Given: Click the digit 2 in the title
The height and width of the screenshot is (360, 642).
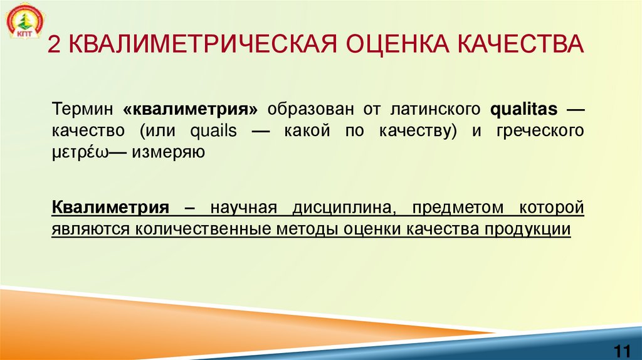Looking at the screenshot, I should tap(54, 47).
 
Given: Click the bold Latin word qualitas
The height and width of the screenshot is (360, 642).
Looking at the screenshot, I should tap(524, 110).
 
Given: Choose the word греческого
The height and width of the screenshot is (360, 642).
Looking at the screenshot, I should tap(539, 130).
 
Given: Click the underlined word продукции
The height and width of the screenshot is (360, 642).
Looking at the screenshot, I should tap(527, 228).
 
